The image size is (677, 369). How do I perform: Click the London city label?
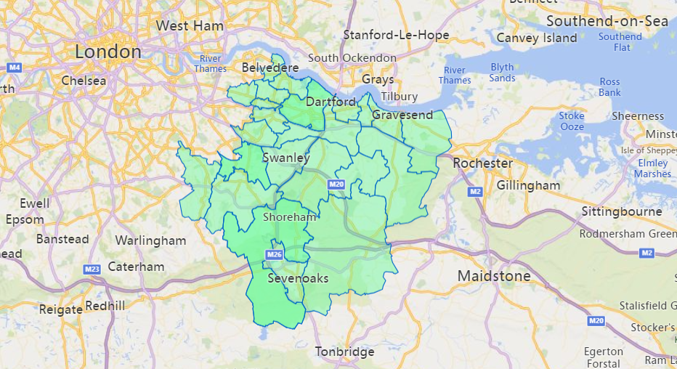click(108, 52)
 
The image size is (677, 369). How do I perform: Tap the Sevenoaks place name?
click(298, 278)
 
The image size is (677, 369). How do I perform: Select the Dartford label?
click(331, 102)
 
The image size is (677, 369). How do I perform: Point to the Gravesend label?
click(402, 115)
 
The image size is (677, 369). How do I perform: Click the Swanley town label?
click(285, 158)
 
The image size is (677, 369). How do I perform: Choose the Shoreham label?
click(290, 216)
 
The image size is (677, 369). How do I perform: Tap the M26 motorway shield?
click(274, 255)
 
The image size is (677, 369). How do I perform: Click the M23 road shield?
click(92, 269)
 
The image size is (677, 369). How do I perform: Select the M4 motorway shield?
click(14, 68)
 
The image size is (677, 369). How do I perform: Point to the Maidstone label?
click(494, 276)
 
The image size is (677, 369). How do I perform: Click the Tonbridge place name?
click(344, 352)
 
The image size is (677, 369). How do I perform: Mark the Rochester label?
click(482, 163)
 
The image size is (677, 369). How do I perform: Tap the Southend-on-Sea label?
click(607, 21)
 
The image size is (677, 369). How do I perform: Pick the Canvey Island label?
click(536, 38)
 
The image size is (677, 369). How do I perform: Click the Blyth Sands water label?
click(502, 73)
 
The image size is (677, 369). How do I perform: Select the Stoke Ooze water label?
click(572, 121)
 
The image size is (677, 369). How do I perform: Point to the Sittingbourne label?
click(622, 211)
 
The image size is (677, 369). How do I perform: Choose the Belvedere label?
click(270, 68)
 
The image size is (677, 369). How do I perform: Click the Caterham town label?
click(136, 267)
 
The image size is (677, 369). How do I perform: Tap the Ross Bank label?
click(610, 87)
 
